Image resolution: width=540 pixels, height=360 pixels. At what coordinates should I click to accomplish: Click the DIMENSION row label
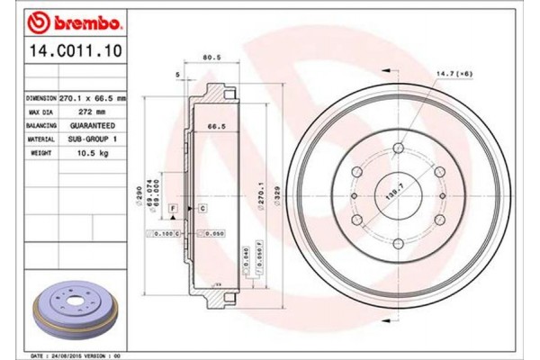pyautogui.click(x=41, y=95)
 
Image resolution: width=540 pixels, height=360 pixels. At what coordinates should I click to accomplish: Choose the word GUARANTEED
pyautogui.click(x=94, y=125)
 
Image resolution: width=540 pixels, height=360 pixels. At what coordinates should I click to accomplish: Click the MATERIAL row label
pyautogui.click(x=41, y=139)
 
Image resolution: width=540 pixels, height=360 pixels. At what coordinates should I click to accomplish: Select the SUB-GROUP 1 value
pyautogui.click(x=94, y=139)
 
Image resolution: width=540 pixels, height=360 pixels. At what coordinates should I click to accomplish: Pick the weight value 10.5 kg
pyautogui.click(x=94, y=154)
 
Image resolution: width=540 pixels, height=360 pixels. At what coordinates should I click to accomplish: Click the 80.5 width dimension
pyautogui.click(x=213, y=57)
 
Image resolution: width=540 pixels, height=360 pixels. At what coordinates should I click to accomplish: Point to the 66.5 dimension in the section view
pyautogui.click(x=216, y=128)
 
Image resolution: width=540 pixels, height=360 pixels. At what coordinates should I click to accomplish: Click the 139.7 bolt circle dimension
pyautogui.click(x=393, y=193)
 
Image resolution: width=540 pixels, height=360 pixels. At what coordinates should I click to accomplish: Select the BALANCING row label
pyautogui.click(x=41, y=125)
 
